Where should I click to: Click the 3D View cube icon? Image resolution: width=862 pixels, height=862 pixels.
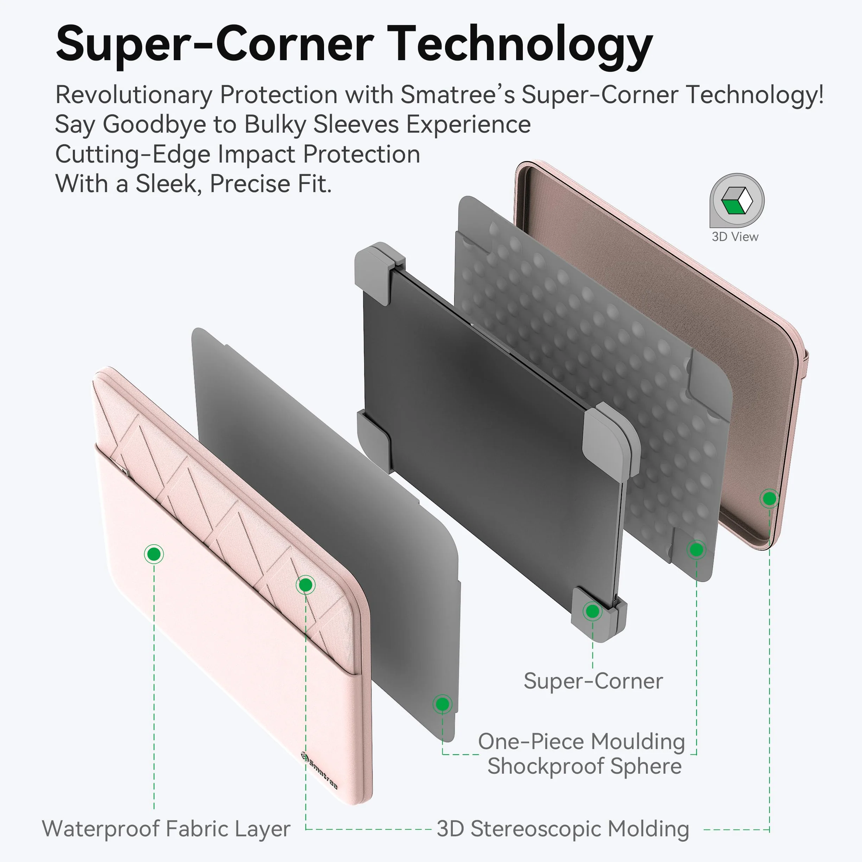point(737,200)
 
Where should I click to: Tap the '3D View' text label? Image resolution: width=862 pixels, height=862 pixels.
point(735,236)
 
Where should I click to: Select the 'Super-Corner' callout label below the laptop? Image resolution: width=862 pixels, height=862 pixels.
point(593,681)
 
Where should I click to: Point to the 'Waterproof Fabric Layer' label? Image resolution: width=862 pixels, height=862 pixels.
point(166,829)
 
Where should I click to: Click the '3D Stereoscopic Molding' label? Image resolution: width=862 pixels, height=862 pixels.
point(563,829)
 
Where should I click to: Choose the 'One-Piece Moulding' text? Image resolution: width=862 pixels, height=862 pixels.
point(581,742)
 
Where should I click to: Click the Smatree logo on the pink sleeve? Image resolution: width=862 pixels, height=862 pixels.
point(319,771)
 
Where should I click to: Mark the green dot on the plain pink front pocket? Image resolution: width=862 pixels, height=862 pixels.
point(154,554)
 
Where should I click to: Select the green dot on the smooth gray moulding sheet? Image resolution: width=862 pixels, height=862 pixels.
point(442,704)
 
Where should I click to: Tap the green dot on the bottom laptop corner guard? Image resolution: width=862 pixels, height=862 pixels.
point(592,611)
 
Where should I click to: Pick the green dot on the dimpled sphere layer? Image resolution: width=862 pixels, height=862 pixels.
point(697,550)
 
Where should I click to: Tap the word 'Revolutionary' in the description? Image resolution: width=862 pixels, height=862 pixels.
point(134,95)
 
